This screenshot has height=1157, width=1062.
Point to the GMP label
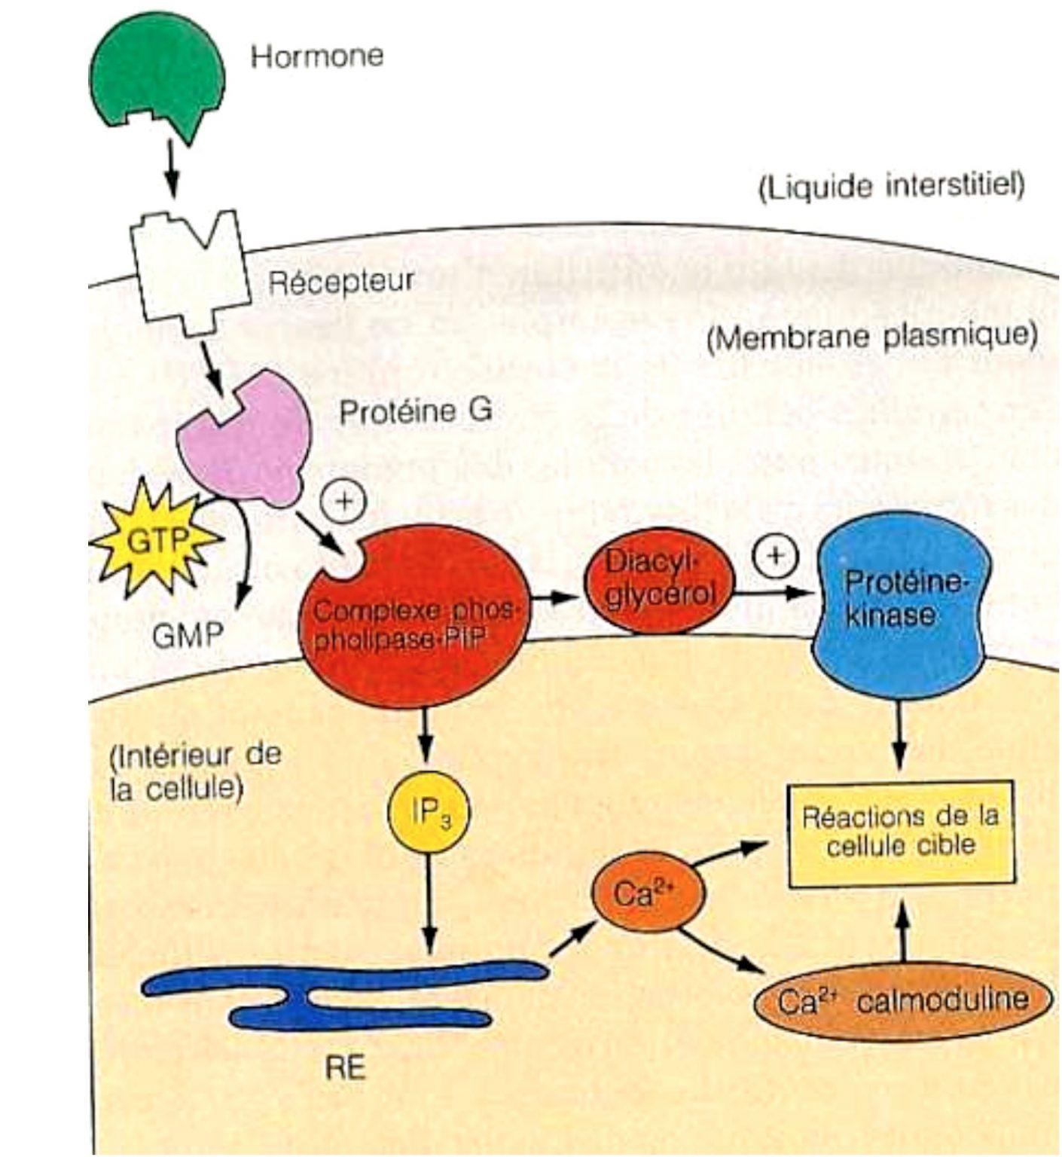tap(188, 635)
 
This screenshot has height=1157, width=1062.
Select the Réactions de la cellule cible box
tap(900, 833)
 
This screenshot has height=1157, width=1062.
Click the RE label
tap(346, 1068)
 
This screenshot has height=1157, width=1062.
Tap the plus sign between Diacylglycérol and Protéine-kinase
tap(774, 556)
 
